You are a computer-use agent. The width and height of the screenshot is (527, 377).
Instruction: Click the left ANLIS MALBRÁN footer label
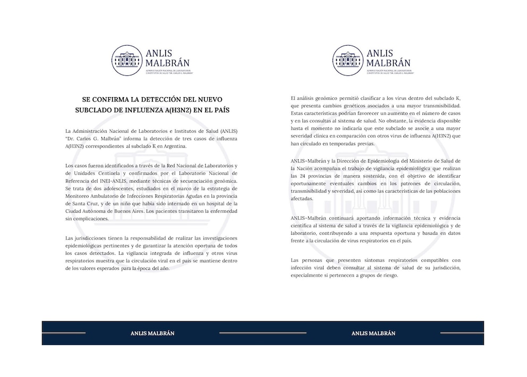pos(152,333)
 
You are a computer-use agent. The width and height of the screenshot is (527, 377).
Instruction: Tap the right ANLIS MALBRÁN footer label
pos(373,333)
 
